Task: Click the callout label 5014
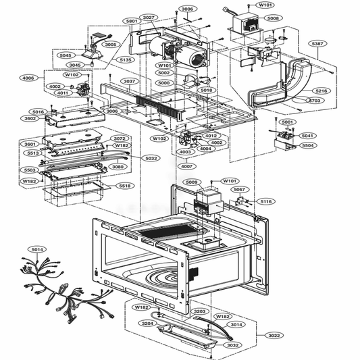click(x=36, y=249)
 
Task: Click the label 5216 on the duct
click(x=322, y=91)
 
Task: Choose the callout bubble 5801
click(x=132, y=22)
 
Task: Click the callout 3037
click(x=128, y=81)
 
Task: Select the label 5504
click(x=307, y=145)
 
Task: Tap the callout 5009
click(x=192, y=182)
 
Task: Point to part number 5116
click(x=266, y=201)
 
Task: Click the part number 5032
click(x=151, y=159)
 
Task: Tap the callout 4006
click(x=28, y=78)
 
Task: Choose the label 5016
click(x=38, y=111)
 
